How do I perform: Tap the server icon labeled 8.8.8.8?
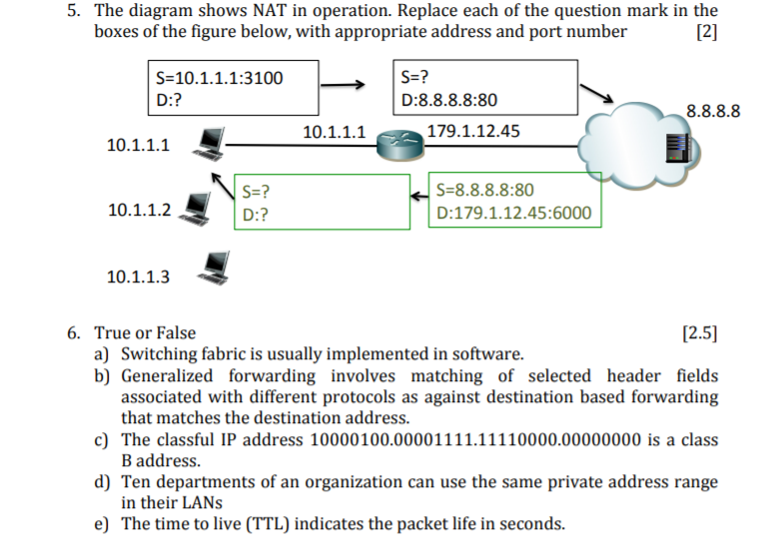pos(675,145)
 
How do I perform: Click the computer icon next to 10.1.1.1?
pos(210,144)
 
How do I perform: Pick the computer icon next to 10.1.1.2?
pos(198,207)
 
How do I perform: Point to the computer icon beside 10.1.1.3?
pos(215,264)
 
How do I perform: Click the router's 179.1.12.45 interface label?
pos(472,131)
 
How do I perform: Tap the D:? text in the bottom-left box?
pos(255,214)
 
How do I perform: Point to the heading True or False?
pos(145,332)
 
